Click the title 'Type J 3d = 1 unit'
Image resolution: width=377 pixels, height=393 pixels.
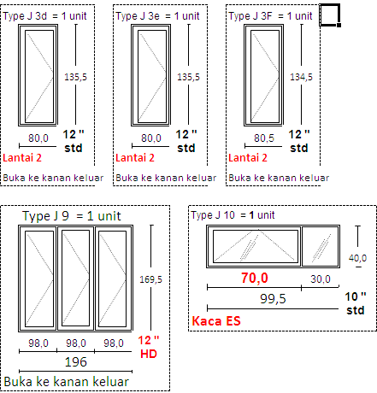tap(44, 16)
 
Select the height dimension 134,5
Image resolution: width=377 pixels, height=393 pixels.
tap(301, 77)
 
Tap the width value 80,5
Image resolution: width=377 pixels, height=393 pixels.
tap(264, 138)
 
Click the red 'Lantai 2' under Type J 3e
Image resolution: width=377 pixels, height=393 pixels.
tap(135, 157)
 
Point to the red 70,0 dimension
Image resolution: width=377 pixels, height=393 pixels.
tap(255, 278)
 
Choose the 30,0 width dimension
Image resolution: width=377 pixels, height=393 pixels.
tap(321, 279)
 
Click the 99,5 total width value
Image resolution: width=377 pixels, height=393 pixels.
tap(273, 299)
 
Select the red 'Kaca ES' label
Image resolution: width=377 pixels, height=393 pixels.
tap(216, 321)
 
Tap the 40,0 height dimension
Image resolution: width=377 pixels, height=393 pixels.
tap(357, 258)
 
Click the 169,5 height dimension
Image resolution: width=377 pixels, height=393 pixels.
tap(150, 279)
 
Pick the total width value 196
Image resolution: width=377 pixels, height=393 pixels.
tap(76, 362)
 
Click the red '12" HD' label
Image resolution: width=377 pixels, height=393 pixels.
tap(149, 347)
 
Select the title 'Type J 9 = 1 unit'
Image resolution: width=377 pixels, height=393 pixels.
tap(72, 216)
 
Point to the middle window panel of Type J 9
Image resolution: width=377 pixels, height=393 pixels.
tap(75, 279)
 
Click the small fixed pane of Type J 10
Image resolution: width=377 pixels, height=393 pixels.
tap(321, 247)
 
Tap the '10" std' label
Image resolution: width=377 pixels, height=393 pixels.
tap(356, 303)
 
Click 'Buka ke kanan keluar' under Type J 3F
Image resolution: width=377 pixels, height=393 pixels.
tap(279, 178)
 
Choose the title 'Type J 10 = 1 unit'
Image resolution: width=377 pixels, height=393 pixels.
tap(233, 215)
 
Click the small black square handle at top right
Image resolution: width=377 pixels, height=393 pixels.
tap(339, 25)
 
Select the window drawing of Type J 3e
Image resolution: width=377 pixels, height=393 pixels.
tap(150, 75)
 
